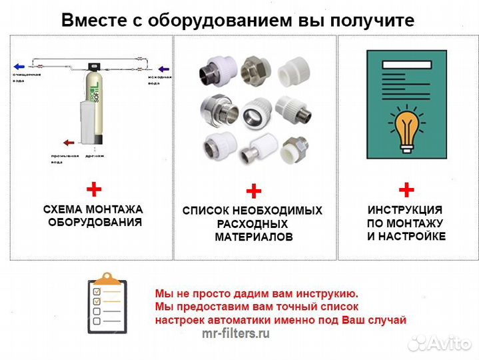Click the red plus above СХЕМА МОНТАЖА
click(x=93, y=189)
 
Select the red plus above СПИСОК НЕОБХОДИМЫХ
click(x=253, y=192)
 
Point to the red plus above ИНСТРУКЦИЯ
click(x=406, y=189)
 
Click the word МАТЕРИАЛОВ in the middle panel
click(x=253, y=237)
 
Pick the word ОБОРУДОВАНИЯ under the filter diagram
click(x=95, y=222)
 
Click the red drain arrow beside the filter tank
click(x=68, y=142)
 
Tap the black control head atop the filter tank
click(x=95, y=67)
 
